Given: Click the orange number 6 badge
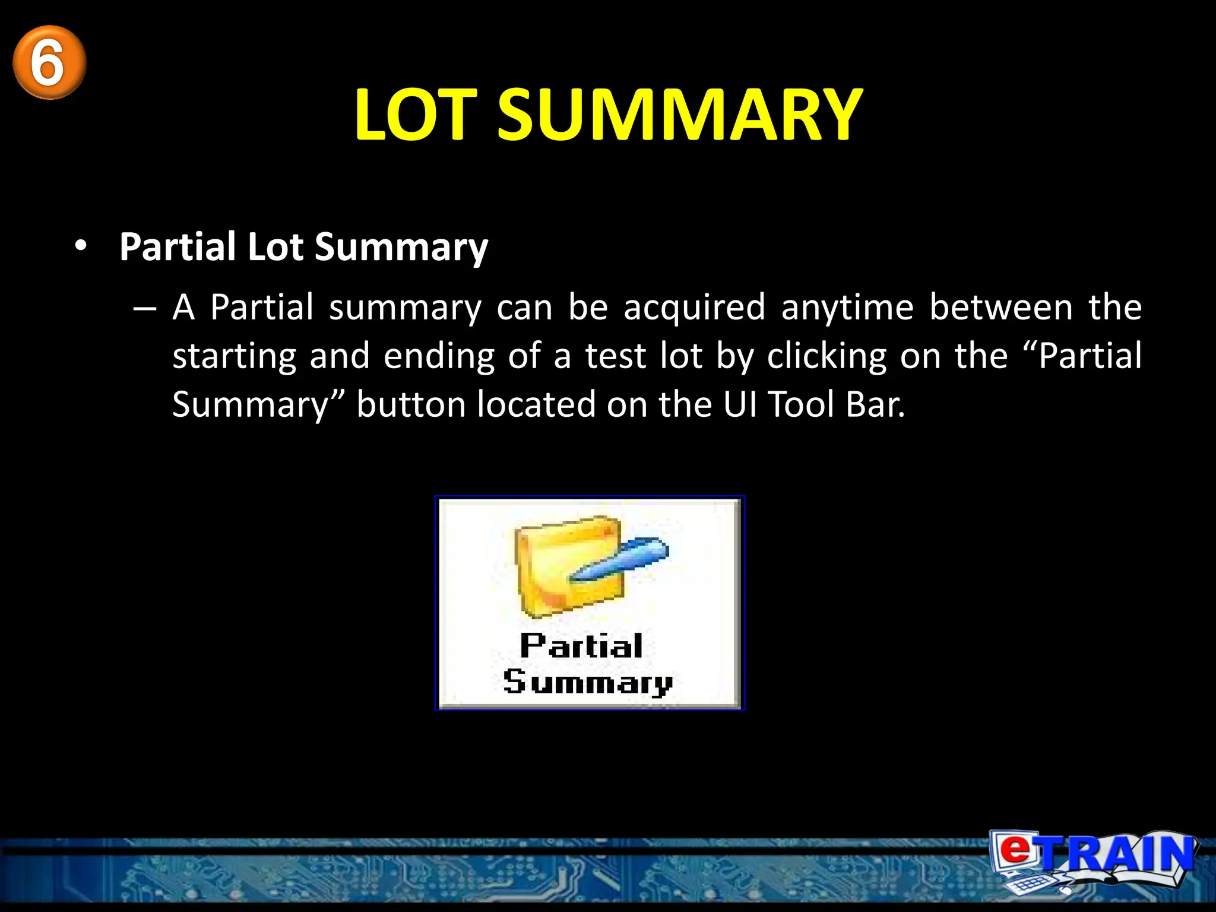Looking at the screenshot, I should tap(49, 62).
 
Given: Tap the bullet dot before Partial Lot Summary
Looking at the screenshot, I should tap(81, 246).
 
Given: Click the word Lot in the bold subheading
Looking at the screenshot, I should tap(275, 246).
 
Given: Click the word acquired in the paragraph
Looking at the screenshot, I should tap(694, 308).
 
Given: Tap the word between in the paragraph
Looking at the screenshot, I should tap(1001, 308).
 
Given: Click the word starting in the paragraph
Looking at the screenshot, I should tap(234, 357).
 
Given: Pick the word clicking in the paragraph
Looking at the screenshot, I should tap(826, 357).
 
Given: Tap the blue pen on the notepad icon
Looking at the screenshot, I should tap(620, 559).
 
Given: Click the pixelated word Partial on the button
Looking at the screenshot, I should tap(581, 646).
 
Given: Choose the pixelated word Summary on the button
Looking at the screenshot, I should tap(587, 682).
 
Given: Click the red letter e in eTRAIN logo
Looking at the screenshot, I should tap(1016, 849).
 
